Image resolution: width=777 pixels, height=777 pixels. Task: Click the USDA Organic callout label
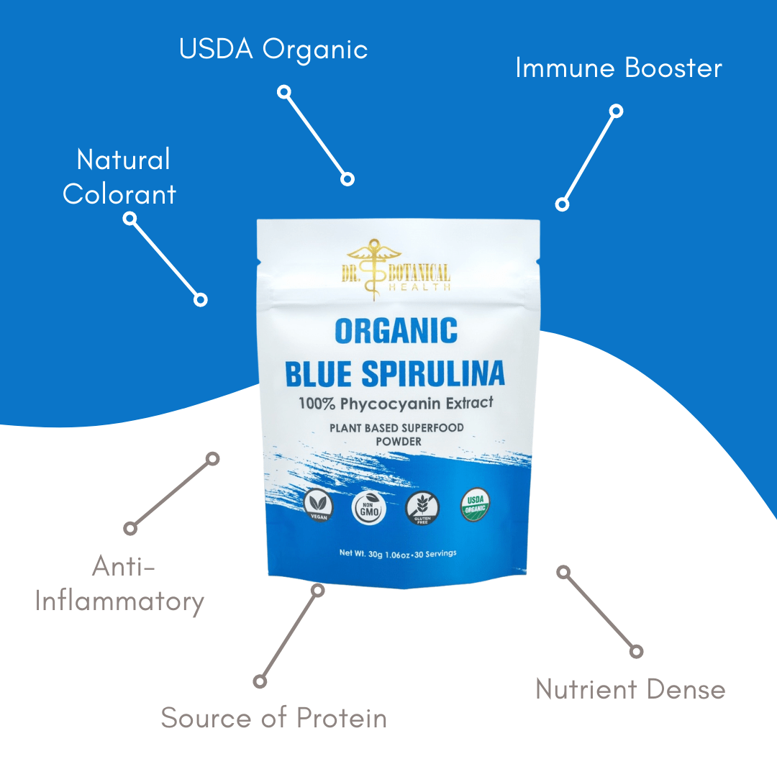(273, 50)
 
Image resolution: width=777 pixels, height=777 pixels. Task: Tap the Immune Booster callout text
(619, 68)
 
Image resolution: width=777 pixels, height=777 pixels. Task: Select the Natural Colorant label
(121, 177)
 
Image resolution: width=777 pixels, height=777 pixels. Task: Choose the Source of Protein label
(273, 718)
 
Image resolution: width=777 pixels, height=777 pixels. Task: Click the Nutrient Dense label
(630, 689)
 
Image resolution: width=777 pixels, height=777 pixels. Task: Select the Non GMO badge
(369, 508)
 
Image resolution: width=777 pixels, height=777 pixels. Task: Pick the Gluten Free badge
(422, 508)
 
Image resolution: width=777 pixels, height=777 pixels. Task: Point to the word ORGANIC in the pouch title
(396, 331)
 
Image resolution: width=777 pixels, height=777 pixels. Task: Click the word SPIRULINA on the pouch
(432, 374)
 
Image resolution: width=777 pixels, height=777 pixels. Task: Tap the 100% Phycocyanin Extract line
(396, 404)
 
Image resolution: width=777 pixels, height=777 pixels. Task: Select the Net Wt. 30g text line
(397, 554)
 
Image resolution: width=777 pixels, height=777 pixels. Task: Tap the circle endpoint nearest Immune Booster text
(616, 111)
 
